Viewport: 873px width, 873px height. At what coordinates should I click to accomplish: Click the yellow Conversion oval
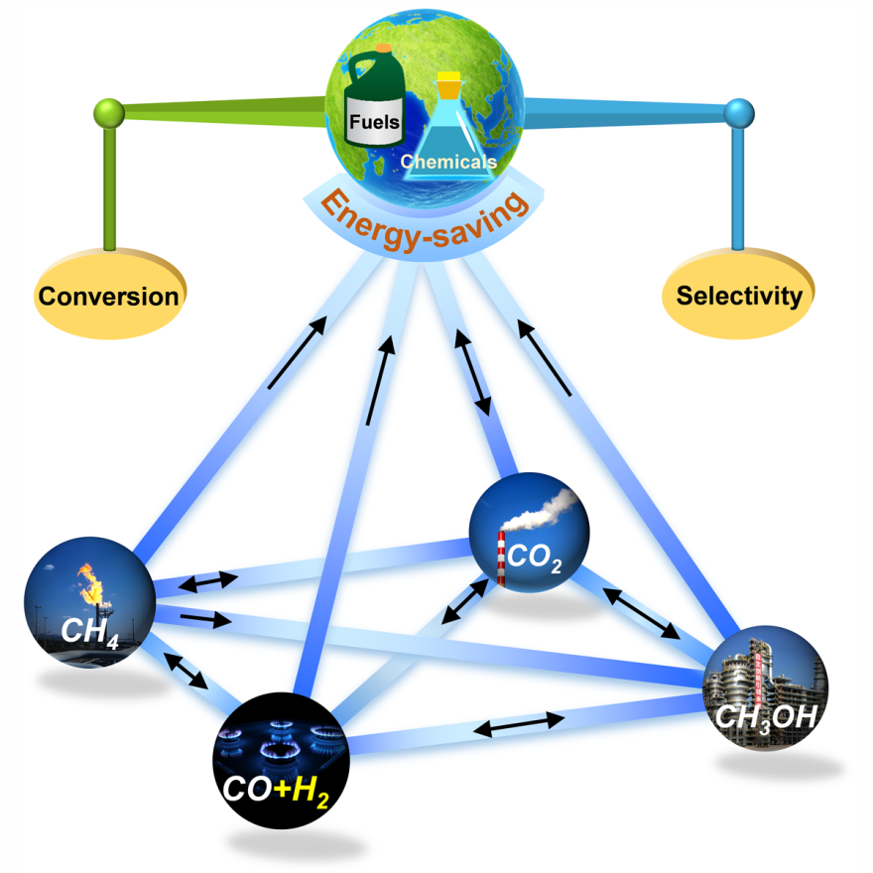click(108, 295)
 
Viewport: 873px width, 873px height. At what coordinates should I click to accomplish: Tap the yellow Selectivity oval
click(738, 295)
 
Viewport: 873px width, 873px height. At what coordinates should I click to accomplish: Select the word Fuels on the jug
click(373, 123)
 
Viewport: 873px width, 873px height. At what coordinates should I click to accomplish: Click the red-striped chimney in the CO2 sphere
click(502, 561)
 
